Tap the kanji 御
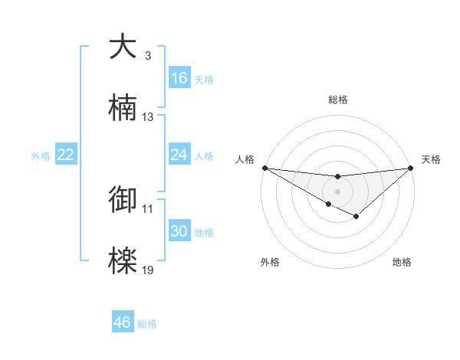pos(123,198)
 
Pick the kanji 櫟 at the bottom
pos(123,260)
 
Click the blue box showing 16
pos(179,78)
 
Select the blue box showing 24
pos(179,155)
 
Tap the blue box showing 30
pos(179,231)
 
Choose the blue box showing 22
pos(66,155)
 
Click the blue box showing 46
pos(123,322)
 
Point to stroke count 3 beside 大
pos(147,56)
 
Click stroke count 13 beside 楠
pos(148,117)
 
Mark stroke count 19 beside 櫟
pos(148,270)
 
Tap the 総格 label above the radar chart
pos(337,100)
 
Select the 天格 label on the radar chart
pos(432,159)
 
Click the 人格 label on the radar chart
pos(245,159)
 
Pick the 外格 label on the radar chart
pos(270,262)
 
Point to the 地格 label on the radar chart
pos(402,262)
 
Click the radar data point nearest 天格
pos(411,167)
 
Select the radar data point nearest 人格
pos(264,167)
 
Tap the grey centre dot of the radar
pos(337,191)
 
